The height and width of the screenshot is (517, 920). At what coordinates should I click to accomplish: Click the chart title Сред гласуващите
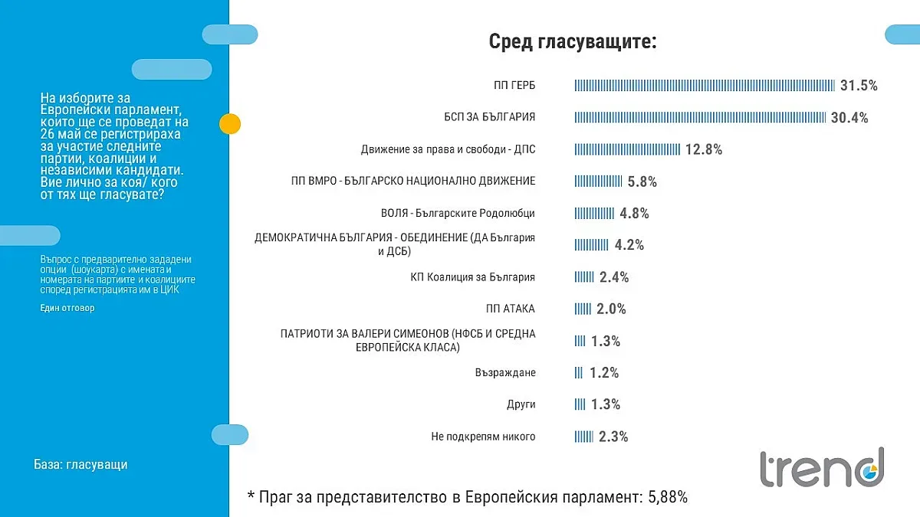[x=573, y=41]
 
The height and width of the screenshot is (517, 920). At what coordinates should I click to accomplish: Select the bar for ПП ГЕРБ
[x=705, y=85]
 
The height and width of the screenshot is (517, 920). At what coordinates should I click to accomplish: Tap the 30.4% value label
[x=849, y=117]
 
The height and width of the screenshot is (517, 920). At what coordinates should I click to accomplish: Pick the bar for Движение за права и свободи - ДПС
[x=627, y=149]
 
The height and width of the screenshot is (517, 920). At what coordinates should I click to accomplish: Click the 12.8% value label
[x=704, y=149]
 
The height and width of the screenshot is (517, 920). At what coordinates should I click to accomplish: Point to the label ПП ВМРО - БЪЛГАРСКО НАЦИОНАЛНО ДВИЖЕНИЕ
[x=409, y=181]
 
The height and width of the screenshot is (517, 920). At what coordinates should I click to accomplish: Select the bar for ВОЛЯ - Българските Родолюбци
[x=594, y=214]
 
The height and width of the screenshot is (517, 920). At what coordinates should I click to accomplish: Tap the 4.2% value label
[x=629, y=245]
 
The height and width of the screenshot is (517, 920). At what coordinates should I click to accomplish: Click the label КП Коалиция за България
[x=472, y=276]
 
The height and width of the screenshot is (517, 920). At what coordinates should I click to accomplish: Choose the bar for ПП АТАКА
[x=583, y=309]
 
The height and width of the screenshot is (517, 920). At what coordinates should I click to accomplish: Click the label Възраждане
[x=504, y=372]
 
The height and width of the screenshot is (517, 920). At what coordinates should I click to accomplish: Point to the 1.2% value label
[x=604, y=373]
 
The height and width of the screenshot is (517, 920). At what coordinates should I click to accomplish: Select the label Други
[x=521, y=404]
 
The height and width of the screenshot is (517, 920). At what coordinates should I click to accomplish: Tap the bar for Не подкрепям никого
[x=584, y=437]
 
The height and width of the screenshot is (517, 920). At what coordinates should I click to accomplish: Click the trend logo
[x=822, y=469]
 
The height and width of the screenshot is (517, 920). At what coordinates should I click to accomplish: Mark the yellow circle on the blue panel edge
[x=230, y=123]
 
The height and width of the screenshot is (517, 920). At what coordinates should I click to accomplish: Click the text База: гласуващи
[x=80, y=465]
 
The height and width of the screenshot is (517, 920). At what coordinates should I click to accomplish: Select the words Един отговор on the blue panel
[x=67, y=308]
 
